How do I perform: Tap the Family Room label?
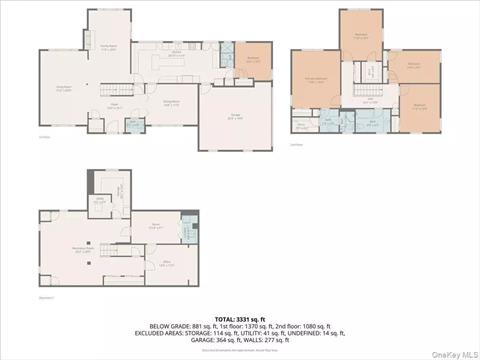pyautogui.click(x=109, y=45)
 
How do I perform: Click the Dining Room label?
pyautogui.click(x=171, y=102)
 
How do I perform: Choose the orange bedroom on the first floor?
pyautogui.click(x=253, y=60)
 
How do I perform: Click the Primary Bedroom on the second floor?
pyautogui.click(x=316, y=79)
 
